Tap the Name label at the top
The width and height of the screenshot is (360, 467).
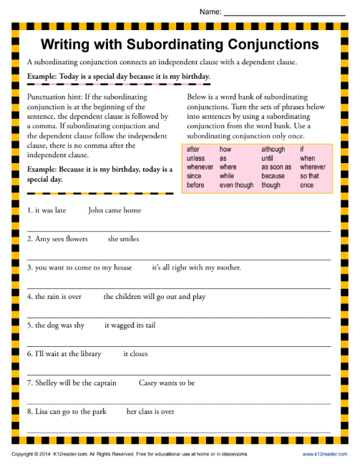tap(209, 12)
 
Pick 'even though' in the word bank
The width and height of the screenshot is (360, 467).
tap(236, 185)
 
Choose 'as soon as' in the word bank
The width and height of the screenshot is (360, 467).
tap(276, 167)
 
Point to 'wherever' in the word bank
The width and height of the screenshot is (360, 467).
tap(312, 167)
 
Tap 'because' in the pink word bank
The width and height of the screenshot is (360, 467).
tap(273, 176)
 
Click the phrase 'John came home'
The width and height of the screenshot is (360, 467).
tap(115, 210)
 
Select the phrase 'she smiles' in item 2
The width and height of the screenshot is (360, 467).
tap(123, 239)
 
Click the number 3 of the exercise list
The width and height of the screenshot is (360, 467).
tap(29, 267)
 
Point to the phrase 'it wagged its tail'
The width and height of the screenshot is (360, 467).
tap(130, 325)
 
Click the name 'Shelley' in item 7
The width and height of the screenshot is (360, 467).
tap(47, 383)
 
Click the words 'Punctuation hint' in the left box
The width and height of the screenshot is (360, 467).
tap(52, 96)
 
